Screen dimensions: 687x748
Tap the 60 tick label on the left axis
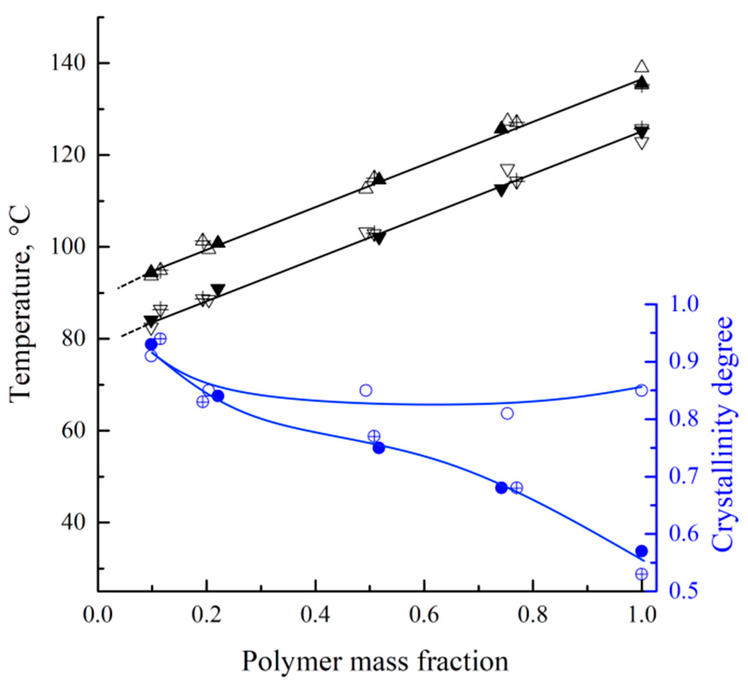tap(74, 431)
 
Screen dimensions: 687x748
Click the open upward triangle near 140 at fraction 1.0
tap(642, 66)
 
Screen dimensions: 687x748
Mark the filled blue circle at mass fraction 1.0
tap(641, 551)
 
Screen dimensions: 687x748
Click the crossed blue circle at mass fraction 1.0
tap(641, 574)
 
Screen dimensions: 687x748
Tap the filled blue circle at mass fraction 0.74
tap(501, 488)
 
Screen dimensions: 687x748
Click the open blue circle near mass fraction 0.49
tap(366, 391)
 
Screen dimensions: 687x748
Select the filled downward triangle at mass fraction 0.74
tap(502, 190)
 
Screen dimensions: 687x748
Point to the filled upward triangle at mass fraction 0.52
tap(379, 179)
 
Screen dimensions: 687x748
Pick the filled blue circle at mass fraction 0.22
tap(218, 396)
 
